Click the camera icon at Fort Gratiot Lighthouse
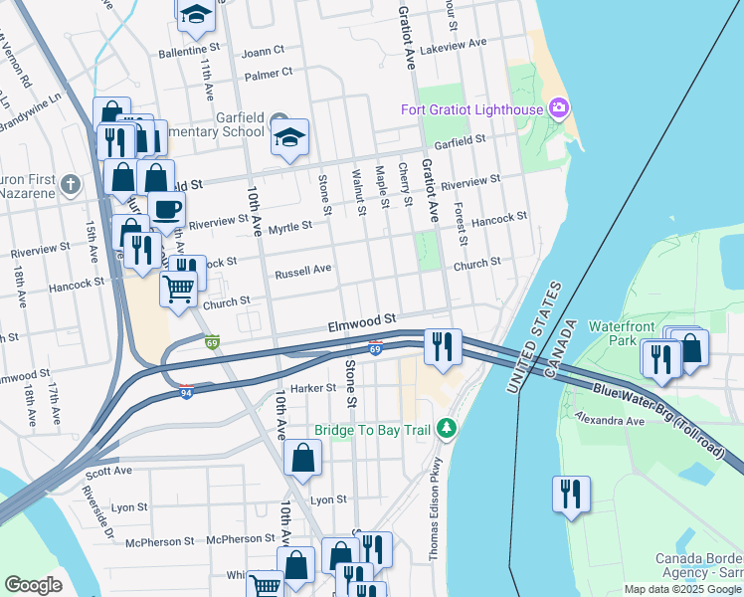558,107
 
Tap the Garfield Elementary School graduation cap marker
289,138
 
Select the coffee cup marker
166,209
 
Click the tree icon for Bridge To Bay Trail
448,429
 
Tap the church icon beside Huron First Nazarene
70,184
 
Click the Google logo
33,585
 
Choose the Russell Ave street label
302,271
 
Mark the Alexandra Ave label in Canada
609,421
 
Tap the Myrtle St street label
290,225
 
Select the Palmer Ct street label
268,73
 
